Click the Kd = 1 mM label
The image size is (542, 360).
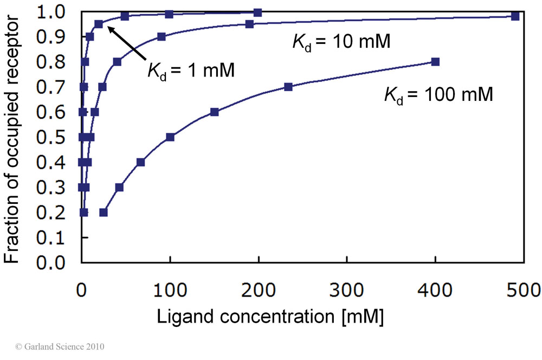tap(191, 70)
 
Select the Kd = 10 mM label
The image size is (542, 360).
tap(339, 41)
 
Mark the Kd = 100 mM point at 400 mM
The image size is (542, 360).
tap(435, 62)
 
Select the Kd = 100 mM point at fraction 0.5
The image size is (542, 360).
tap(170, 137)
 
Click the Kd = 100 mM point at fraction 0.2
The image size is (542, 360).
tap(104, 213)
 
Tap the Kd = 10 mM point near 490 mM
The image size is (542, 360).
tap(515, 16)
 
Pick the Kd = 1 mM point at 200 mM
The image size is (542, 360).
tap(258, 12)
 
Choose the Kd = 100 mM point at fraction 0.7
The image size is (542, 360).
tap(288, 87)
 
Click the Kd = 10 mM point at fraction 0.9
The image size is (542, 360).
tap(161, 37)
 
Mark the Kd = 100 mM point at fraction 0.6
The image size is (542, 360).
tap(214, 112)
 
